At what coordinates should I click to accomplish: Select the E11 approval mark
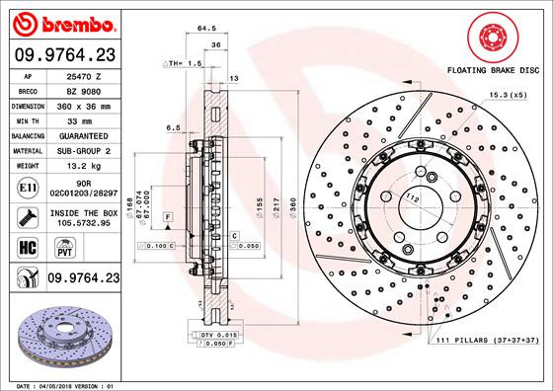[x=28, y=186]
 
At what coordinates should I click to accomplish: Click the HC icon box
[x=28, y=247]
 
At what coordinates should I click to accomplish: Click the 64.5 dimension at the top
[x=206, y=30]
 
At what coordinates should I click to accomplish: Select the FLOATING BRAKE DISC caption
[x=493, y=72]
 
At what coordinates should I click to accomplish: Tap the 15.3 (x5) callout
[x=505, y=95]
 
